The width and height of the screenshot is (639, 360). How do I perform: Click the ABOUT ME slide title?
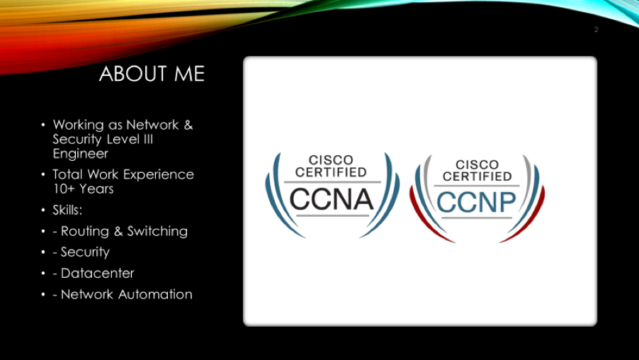(x=152, y=74)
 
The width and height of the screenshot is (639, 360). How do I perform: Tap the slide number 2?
(x=596, y=29)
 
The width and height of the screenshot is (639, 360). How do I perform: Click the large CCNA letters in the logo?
(x=331, y=199)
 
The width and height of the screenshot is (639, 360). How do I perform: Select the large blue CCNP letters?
(x=476, y=202)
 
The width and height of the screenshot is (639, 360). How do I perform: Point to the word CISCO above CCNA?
(x=331, y=160)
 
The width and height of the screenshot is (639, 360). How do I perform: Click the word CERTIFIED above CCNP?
(x=477, y=176)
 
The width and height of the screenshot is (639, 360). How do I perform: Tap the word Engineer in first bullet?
(x=80, y=154)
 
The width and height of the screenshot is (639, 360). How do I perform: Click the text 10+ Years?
(x=83, y=189)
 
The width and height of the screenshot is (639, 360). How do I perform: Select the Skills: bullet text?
(x=67, y=210)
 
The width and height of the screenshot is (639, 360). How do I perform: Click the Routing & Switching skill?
(x=120, y=232)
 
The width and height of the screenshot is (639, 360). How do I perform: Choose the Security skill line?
(x=81, y=252)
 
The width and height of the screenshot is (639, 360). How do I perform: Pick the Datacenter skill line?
(x=94, y=273)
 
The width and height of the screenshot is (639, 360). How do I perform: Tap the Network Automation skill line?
(x=123, y=294)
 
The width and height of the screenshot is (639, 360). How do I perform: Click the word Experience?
(x=159, y=175)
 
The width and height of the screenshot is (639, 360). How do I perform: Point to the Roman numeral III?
(x=148, y=139)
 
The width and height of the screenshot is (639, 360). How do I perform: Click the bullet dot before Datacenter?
(x=43, y=273)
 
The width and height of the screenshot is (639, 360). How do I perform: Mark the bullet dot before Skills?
(x=43, y=210)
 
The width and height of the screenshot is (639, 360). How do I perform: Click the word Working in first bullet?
(x=78, y=125)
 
